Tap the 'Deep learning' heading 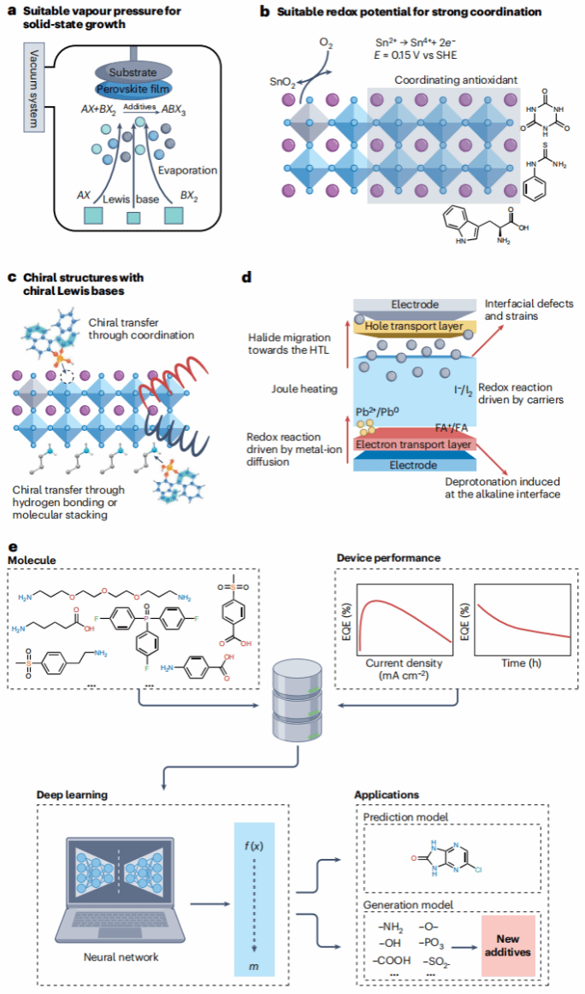[x=72, y=794]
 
